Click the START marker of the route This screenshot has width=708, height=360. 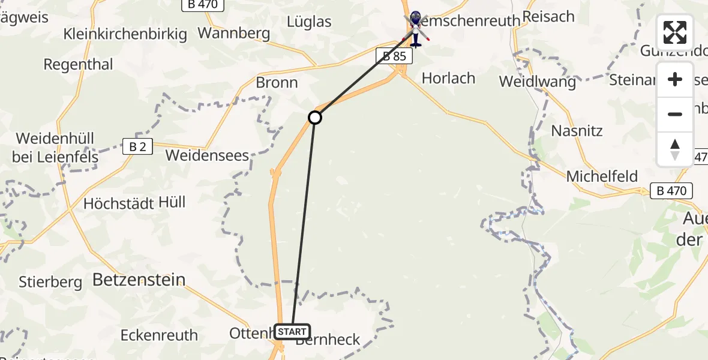[x=292, y=331]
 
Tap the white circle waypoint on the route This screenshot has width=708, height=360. [x=315, y=118]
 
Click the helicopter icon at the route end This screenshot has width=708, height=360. [x=415, y=28]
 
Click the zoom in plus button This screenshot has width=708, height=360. [x=675, y=80]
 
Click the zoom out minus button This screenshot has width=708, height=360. [x=675, y=114]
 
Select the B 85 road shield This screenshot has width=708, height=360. [x=395, y=56]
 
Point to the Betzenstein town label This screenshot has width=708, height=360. [x=139, y=279]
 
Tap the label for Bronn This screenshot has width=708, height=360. [x=277, y=83]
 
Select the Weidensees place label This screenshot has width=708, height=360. [x=207, y=155]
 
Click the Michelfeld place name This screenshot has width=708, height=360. [x=602, y=176]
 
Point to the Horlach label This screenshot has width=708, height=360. [x=448, y=78]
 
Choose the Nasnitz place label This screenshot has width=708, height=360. [x=577, y=131]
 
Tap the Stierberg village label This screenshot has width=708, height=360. [x=50, y=281]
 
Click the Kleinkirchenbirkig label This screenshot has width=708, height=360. [x=125, y=34]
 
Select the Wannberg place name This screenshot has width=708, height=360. [x=233, y=33]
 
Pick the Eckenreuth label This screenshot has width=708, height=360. [x=159, y=335]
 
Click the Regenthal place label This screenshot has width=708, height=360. [x=79, y=64]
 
